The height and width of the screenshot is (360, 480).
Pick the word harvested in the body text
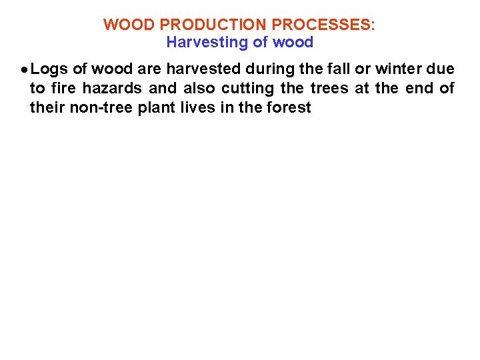[199, 69]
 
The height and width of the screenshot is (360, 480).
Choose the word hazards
[113, 88]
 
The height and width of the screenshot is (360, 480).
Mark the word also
[199, 88]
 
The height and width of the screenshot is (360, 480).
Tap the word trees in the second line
[329, 88]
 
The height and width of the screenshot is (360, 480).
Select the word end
[419, 88]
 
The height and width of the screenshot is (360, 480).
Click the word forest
[289, 107]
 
